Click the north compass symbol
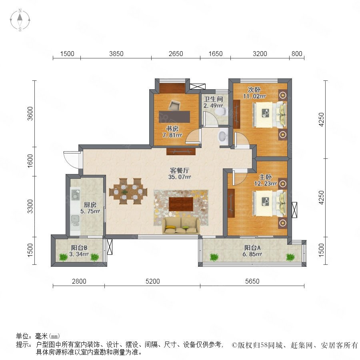[x=20, y=20]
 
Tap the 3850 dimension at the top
[x=116, y=54]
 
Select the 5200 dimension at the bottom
[x=152, y=281]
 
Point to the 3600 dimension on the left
[x=30, y=114]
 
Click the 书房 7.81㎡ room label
[x=172, y=132]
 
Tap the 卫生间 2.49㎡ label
[x=213, y=102]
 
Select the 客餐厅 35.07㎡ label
[x=180, y=174]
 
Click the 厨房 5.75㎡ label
[x=90, y=208]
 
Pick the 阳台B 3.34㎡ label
[x=79, y=251]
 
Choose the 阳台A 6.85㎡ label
[x=252, y=251]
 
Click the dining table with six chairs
[x=128, y=191]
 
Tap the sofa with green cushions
[x=181, y=226]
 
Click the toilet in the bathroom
[x=220, y=112]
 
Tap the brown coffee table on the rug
[x=181, y=204]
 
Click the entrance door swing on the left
[x=72, y=159]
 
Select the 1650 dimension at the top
[x=215, y=54]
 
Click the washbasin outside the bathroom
[x=223, y=136]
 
